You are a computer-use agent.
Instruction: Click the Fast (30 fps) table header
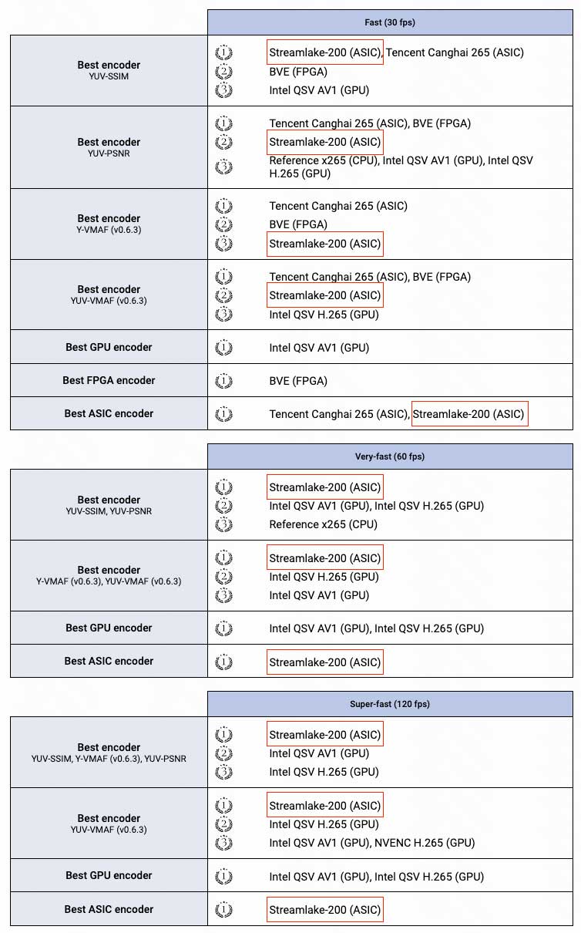click(389, 22)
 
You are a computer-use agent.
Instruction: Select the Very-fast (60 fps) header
click(389, 456)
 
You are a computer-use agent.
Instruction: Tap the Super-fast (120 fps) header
click(389, 704)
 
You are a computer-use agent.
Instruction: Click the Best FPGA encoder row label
click(109, 380)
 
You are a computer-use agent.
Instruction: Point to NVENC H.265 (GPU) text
click(425, 843)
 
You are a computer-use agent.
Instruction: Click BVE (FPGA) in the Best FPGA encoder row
click(298, 381)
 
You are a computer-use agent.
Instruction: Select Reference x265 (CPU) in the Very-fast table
click(323, 524)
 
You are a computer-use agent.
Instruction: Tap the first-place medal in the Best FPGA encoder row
click(223, 381)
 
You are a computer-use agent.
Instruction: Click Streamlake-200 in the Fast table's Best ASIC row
click(469, 414)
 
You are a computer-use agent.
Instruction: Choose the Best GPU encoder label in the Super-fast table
click(109, 875)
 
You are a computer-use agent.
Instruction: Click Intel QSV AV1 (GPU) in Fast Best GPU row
click(319, 348)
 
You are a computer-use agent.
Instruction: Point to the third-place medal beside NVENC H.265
click(223, 843)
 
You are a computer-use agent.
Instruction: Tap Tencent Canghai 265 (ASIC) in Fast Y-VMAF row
click(338, 206)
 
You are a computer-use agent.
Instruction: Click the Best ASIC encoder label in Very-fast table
click(109, 661)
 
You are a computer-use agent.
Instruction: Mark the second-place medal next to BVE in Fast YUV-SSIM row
click(223, 72)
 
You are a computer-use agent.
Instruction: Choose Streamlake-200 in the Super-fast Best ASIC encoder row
click(324, 910)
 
